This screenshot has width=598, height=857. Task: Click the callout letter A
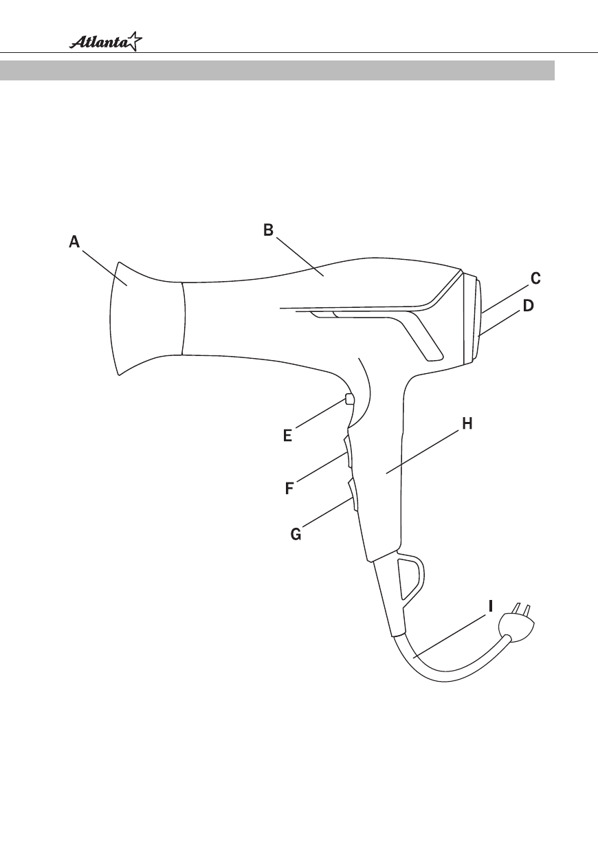pyautogui.click(x=74, y=242)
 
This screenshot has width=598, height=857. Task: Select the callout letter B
pyautogui.click(x=269, y=230)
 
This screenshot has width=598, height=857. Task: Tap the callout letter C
pyautogui.click(x=535, y=278)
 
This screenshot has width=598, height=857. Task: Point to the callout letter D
pyautogui.click(x=529, y=306)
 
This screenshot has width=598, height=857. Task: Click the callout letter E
pyautogui.click(x=288, y=436)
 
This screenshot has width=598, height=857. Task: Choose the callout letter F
pyautogui.click(x=289, y=489)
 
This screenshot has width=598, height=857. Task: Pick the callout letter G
pyautogui.click(x=296, y=534)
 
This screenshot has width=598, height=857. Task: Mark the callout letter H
pyautogui.click(x=467, y=423)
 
